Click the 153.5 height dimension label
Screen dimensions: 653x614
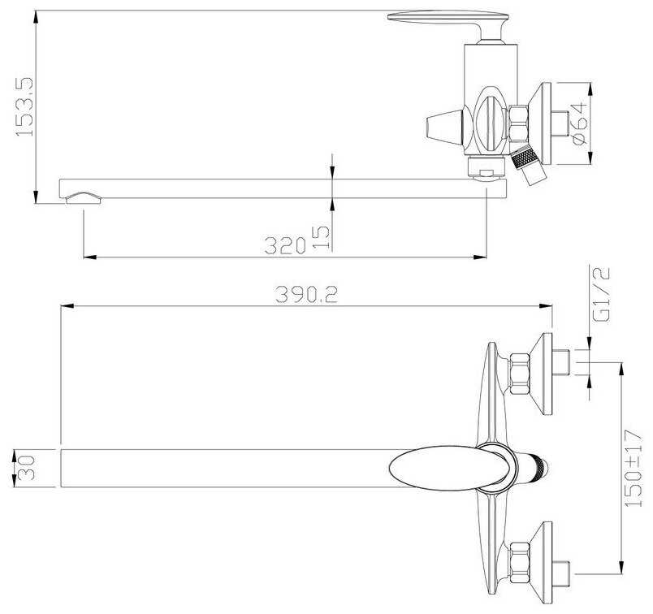(x=24, y=106)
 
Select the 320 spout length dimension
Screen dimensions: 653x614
(x=285, y=245)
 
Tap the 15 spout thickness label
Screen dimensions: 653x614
(x=321, y=237)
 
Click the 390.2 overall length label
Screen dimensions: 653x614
(x=306, y=295)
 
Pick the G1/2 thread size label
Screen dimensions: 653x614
(x=601, y=294)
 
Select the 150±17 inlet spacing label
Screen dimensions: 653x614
(x=633, y=468)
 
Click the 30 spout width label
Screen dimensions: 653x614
(x=26, y=468)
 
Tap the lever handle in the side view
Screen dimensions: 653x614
(x=448, y=27)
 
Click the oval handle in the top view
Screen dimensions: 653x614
(x=451, y=468)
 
